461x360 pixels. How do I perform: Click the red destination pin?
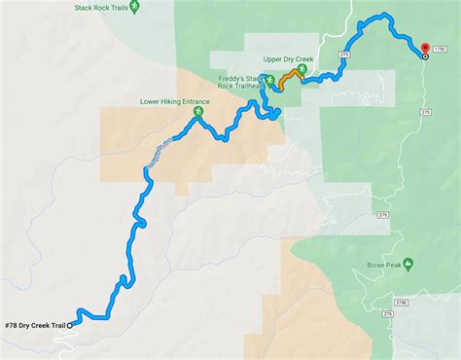[x=425, y=48]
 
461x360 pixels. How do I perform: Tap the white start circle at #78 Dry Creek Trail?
[x=71, y=325]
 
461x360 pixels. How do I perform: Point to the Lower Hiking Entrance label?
[x=175, y=99]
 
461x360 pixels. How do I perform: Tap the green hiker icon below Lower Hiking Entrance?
[x=198, y=113]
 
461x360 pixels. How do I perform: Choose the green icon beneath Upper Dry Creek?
[x=289, y=70]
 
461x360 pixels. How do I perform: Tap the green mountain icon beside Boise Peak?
[x=410, y=264]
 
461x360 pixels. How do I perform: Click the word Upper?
[x=273, y=57]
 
